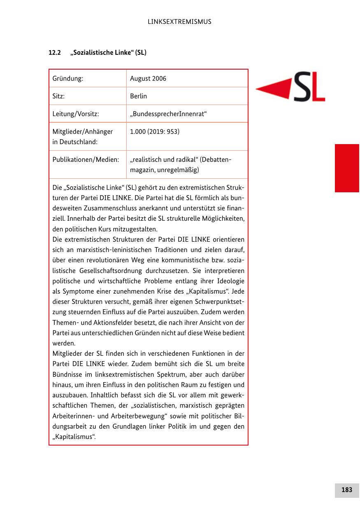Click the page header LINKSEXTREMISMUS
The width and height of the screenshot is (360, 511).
179,22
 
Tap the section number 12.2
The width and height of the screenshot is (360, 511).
55,53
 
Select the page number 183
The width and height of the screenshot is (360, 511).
346,490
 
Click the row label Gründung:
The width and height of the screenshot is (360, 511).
68,78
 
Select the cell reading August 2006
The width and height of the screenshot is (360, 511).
148,78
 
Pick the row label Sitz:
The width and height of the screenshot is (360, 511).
59,96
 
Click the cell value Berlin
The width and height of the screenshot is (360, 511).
138,96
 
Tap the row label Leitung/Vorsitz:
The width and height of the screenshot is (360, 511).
76,114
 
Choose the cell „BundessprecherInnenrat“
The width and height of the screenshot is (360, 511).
168,114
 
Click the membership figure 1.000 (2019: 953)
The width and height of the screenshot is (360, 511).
155,132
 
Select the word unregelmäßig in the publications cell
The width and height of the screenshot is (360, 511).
181,170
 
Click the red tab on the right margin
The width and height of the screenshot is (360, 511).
347,168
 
